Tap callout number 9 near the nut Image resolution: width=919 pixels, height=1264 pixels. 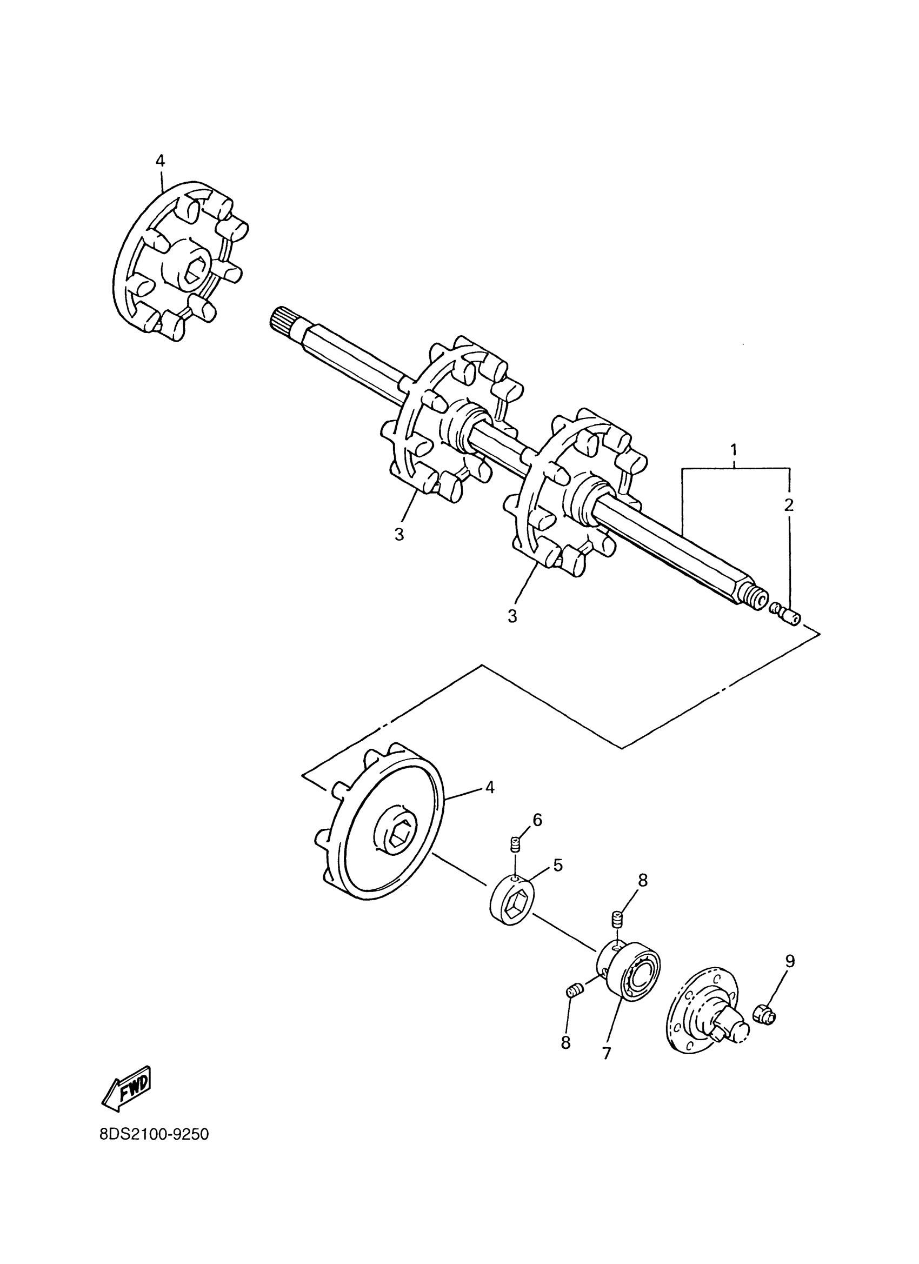pyautogui.click(x=790, y=960)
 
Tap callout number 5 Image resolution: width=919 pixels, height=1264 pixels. pyautogui.click(x=557, y=865)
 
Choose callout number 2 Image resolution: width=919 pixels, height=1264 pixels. pyautogui.click(x=789, y=505)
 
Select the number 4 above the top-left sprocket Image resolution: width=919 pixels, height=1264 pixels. pyautogui.click(x=160, y=161)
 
